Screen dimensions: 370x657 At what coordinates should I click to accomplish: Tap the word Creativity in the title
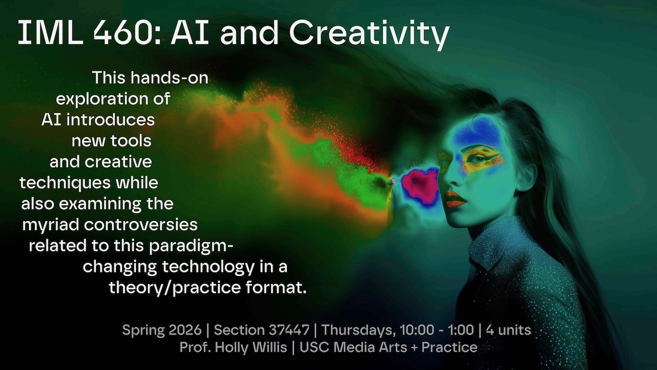(369, 34)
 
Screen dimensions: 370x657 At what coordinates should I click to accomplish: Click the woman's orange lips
(455, 199)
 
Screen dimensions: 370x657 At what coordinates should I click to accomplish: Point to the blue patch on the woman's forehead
(477, 132)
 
